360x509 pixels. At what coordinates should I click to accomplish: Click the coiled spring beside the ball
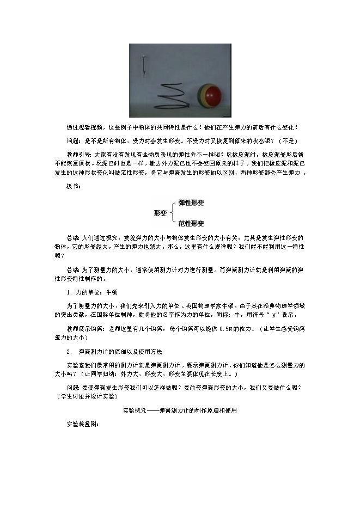point(172,95)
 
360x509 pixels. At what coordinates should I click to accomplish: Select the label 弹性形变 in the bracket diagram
point(191,203)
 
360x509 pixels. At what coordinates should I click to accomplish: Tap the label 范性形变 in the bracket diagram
point(191,223)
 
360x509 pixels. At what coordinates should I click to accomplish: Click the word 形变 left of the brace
point(160,213)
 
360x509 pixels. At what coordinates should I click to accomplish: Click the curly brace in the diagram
point(174,213)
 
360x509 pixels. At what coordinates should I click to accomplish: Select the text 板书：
point(74,186)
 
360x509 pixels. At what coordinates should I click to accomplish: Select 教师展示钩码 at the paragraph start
point(82,329)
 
